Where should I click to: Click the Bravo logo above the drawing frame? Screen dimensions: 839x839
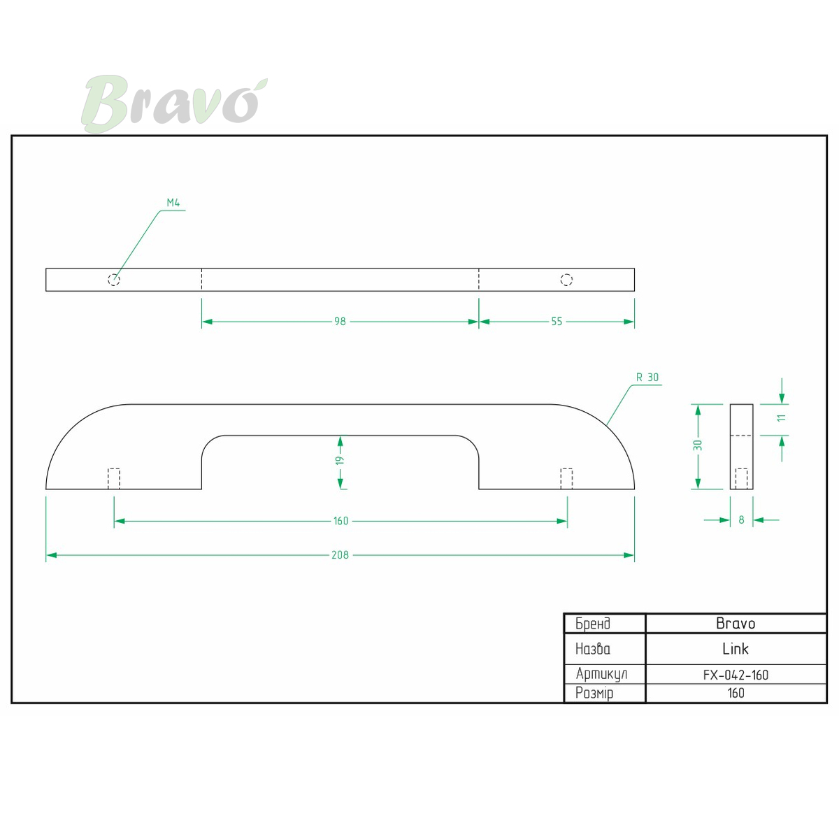[173, 103]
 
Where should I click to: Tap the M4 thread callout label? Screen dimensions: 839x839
[173, 203]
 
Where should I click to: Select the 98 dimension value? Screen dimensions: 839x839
[340, 322]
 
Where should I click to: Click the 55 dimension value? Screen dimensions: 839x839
[557, 322]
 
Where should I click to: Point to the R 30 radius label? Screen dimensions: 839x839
[647, 378]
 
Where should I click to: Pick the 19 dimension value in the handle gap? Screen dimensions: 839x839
[340, 460]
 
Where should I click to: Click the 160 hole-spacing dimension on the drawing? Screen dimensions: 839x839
[341, 521]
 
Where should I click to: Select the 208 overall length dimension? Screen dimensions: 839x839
[340, 554]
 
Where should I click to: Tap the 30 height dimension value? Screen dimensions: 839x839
[698, 445]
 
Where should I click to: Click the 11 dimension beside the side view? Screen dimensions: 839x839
[782, 418]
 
